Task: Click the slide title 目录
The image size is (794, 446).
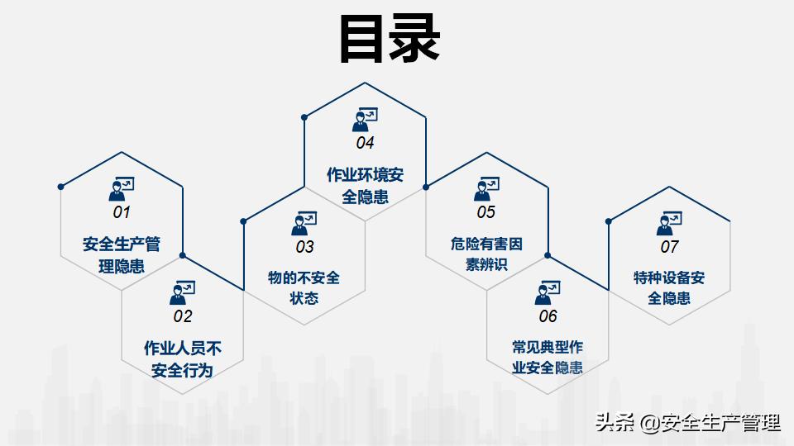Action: [x=390, y=39]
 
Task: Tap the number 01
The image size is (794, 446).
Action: [x=122, y=212]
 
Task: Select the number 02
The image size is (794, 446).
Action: [x=183, y=316]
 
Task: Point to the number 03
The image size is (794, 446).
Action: [x=305, y=247]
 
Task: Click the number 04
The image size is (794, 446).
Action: [x=365, y=143]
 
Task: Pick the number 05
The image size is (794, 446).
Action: [x=486, y=212]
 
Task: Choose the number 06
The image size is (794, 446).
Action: [x=548, y=316]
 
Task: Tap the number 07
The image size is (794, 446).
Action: [x=669, y=247]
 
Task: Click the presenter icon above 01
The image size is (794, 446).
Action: [x=122, y=188]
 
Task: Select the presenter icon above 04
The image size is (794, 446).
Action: [x=365, y=119]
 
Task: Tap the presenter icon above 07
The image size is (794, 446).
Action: [x=669, y=224]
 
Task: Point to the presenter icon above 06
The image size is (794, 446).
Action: [x=548, y=292]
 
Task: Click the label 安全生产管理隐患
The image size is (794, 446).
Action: [x=122, y=255]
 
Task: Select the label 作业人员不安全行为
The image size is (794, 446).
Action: [x=183, y=359]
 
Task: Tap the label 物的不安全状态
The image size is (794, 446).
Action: [x=304, y=287]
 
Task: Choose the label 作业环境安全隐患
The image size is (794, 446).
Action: [x=365, y=186]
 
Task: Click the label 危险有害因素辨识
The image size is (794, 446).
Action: [x=486, y=254]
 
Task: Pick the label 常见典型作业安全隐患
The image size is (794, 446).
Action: [x=548, y=358]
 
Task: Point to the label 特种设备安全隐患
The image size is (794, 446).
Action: [x=669, y=287]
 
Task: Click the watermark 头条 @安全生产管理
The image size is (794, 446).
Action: [x=687, y=423]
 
